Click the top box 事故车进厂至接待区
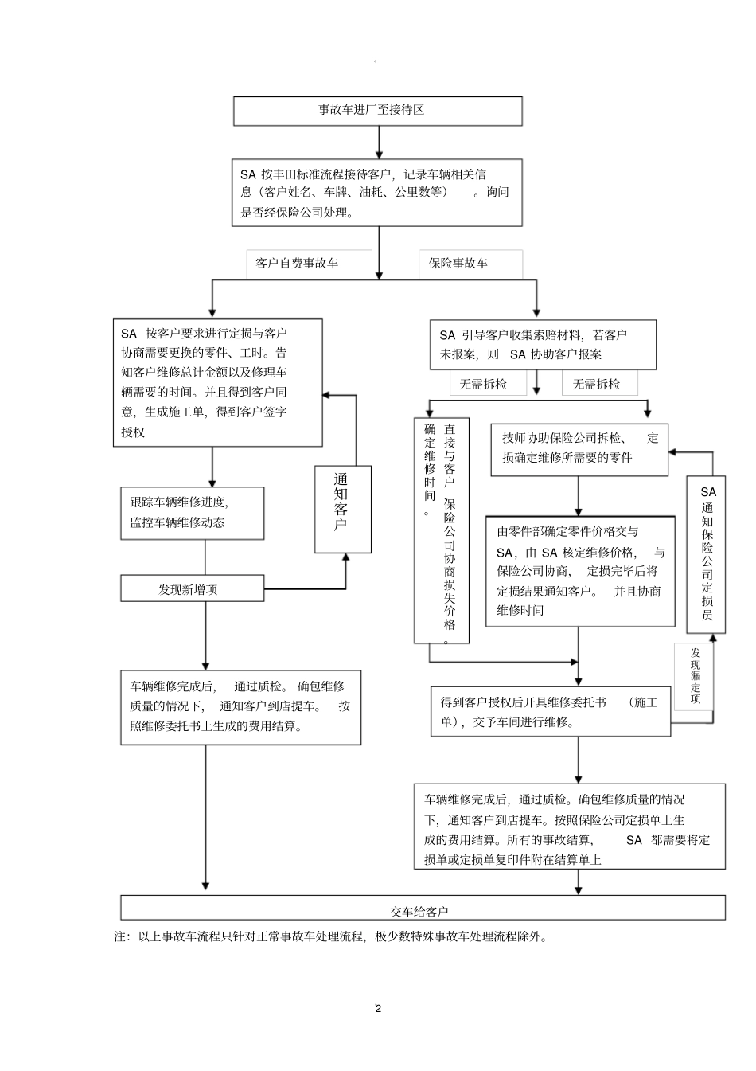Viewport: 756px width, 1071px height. pos(377,111)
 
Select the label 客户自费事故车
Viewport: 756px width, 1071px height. pos(297,264)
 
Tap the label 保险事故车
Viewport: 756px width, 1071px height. pos(459,264)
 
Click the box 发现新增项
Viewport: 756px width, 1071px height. pos(192,589)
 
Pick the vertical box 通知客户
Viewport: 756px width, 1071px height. pos(342,510)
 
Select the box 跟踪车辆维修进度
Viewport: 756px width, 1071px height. pos(192,513)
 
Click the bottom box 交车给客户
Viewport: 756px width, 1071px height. pos(422,909)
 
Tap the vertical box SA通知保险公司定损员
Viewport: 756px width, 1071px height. pos(707,554)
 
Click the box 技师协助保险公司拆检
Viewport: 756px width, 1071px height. pos(579,450)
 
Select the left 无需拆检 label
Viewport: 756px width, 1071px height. pos(482,385)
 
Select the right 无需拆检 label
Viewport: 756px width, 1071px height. pos(595,385)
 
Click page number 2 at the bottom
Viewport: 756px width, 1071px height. pos(378,1008)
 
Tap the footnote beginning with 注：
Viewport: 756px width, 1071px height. pos(331,937)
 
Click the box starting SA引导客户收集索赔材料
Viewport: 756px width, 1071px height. pos(544,345)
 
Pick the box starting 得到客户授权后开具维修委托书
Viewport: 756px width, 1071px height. pos(551,712)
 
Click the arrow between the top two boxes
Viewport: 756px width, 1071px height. pos(379,142)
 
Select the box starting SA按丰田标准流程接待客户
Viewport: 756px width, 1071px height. pos(377,193)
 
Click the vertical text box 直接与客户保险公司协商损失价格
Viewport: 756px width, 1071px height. pos(442,531)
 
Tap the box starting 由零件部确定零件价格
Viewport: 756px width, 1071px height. pos(580,571)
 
